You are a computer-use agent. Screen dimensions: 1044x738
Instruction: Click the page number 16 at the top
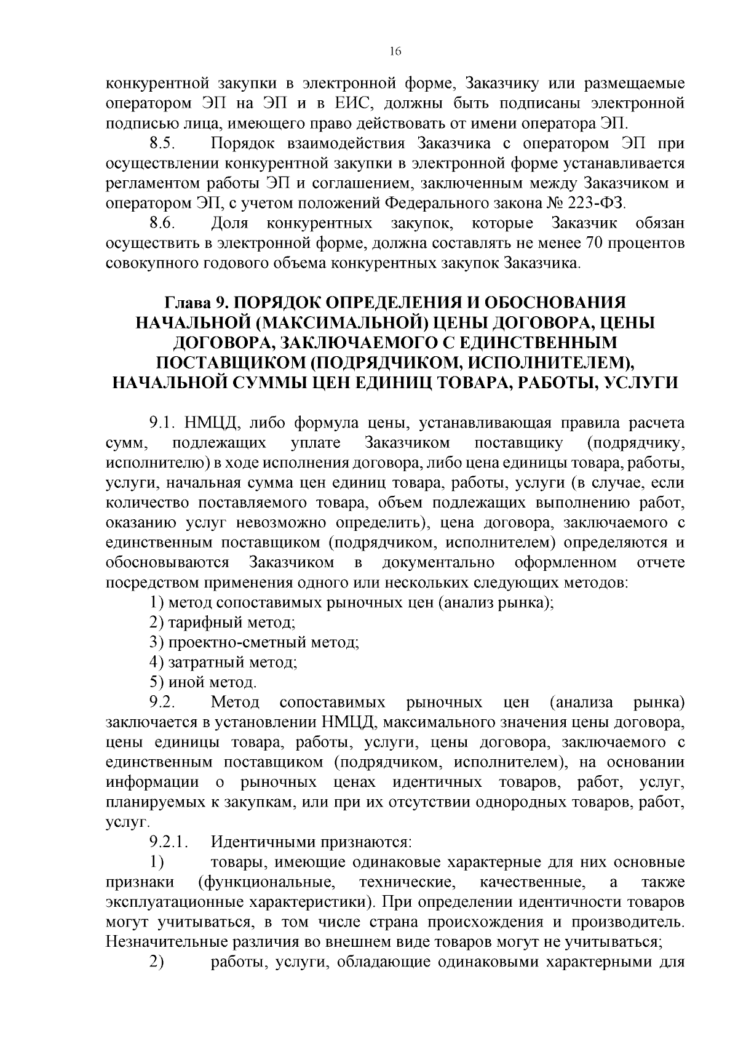395,52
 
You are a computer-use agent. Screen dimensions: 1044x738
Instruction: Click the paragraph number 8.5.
163,145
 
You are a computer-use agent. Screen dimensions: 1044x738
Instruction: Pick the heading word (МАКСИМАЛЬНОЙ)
333,323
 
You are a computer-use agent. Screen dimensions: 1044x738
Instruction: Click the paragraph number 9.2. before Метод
163,702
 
